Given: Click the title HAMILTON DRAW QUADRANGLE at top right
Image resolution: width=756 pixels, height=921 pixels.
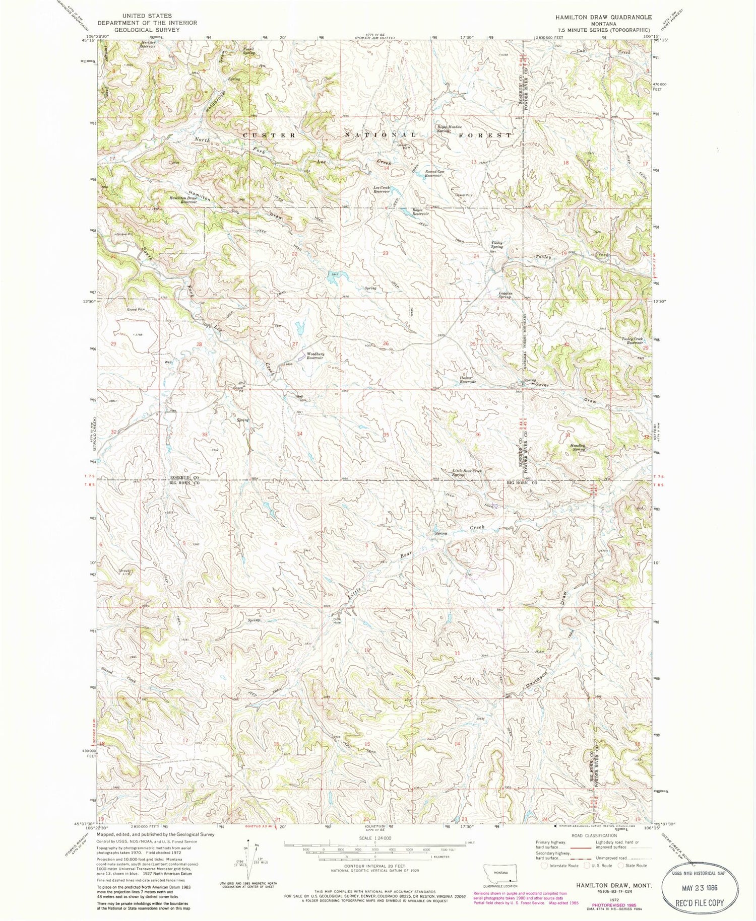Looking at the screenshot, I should [x=603, y=17].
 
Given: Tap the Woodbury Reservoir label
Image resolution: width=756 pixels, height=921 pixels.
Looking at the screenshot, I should [x=315, y=356].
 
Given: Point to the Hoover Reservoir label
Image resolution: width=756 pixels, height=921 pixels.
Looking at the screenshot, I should [x=467, y=380].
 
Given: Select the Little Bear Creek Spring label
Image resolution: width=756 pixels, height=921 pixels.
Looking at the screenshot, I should [x=467, y=472].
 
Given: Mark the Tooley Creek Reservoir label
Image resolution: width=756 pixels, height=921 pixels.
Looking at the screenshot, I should [x=632, y=340].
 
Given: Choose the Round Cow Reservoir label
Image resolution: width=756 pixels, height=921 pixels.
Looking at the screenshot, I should [x=434, y=173].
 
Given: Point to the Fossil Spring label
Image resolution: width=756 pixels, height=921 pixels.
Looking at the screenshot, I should [x=248, y=50].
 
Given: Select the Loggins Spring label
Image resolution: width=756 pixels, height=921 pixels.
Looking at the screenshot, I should [x=505, y=295].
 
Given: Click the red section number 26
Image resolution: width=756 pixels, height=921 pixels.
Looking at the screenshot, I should [x=386, y=343].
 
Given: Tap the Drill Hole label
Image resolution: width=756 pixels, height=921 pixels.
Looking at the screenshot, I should [x=337, y=620].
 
